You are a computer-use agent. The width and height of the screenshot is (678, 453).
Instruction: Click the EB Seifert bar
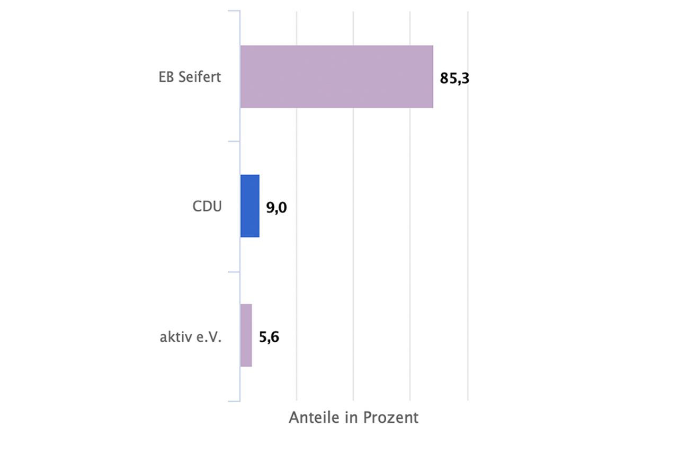click(336, 77)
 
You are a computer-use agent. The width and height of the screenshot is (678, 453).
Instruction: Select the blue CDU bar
click(250, 206)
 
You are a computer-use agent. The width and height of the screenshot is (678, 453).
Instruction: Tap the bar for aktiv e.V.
click(246, 335)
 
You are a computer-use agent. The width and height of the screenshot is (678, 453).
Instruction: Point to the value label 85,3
click(455, 78)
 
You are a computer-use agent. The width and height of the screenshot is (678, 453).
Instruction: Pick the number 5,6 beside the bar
click(269, 337)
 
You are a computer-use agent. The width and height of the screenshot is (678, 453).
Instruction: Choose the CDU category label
click(207, 207)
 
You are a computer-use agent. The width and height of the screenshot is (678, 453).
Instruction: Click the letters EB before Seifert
click(166, 77)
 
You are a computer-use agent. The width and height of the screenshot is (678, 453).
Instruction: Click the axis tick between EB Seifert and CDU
click(234, 141)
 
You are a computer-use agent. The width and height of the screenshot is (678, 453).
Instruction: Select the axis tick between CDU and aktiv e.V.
click(234, 272)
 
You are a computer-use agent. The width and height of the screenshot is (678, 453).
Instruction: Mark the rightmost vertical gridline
click(468, 212)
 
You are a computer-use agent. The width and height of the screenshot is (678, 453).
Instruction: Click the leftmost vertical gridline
click(297, 212)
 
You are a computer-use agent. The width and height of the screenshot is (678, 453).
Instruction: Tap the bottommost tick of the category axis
click(234, 402)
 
